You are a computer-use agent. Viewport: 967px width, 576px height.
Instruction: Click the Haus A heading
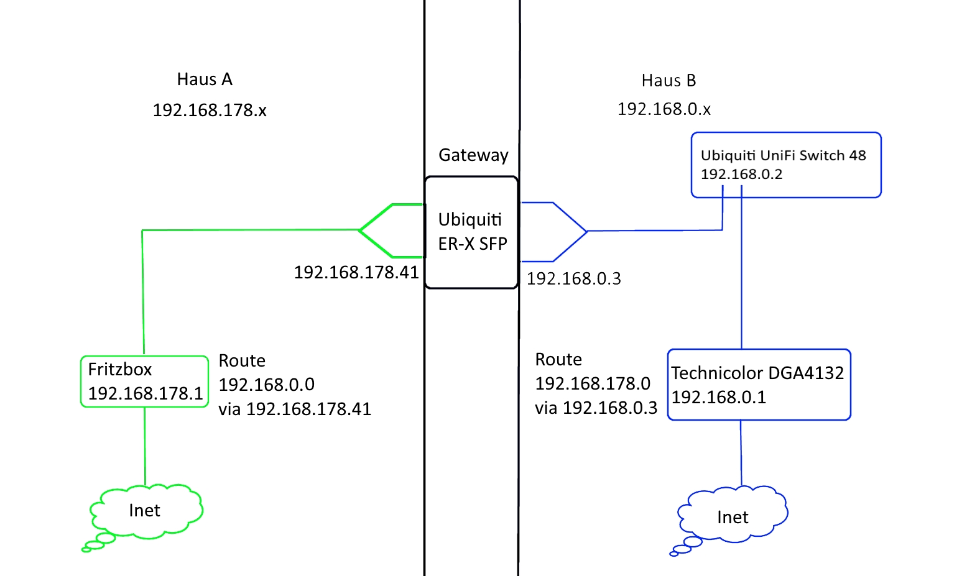click(x=205, y=80)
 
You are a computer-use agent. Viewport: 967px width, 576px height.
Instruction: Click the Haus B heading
click(x=669, y=81)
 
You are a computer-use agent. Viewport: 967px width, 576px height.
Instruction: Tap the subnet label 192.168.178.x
click(x=210, y=110)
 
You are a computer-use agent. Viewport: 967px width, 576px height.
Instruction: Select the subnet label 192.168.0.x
click(x=664, y=109)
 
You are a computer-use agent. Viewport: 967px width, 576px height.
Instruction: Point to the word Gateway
click(x=473, y=155)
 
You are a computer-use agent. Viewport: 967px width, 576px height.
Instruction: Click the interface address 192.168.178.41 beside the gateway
click(x=356, y=272)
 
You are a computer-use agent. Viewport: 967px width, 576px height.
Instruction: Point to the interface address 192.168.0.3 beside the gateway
click(x=574, y=278)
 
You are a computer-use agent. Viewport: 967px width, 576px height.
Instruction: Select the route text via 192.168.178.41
click(x=294, y=409)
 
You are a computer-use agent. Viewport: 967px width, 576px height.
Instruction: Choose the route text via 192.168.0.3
click(x=596, y=408)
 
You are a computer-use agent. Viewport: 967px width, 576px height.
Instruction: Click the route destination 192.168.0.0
click(x=266, y=385)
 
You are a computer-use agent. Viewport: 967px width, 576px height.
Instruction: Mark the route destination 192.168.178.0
click(x=592, y=383)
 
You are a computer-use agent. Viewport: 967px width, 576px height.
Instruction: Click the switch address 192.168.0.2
click(x=741, y=174)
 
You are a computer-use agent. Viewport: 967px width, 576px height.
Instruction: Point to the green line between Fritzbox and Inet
click(x=145, y=446)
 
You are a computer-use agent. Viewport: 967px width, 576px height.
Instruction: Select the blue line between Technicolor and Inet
click(x=741, y=453)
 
